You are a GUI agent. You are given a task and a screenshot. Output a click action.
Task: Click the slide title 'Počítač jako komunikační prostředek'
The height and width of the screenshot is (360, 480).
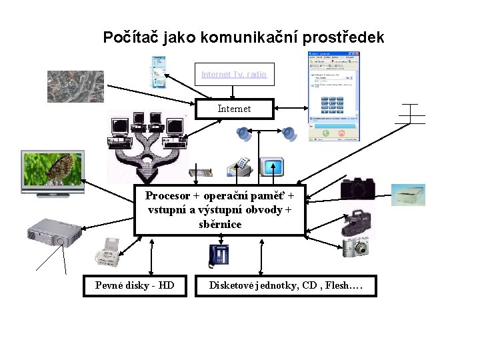(x=243, y=37)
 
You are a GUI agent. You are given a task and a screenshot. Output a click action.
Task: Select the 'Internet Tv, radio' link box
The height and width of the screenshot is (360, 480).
(x=234, y=75)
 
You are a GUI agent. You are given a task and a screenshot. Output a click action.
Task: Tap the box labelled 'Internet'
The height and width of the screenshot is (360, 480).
(x=234, y=109)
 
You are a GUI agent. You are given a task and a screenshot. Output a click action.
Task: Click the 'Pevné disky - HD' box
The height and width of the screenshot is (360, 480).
(x=135, y=285)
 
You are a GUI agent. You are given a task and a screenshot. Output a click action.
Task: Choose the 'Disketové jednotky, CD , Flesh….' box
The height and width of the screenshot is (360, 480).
(x=285, y=285)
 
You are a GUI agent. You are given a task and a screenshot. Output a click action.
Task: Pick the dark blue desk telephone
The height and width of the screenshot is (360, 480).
(x=219, y=255)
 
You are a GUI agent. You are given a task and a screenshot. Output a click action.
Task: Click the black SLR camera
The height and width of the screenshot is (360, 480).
(x=358, y=189)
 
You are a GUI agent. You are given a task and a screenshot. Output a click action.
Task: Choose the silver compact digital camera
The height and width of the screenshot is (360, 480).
(x=355, y=247)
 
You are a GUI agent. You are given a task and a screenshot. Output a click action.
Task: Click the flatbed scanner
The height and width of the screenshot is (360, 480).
(x=407, y=194)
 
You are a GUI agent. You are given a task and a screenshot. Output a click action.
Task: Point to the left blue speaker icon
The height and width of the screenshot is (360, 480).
(x=243, y=134)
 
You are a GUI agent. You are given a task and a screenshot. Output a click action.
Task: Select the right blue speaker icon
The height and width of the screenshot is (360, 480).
(x=289, y=134)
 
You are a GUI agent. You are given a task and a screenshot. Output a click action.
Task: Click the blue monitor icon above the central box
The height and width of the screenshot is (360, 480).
(x=271, y=167)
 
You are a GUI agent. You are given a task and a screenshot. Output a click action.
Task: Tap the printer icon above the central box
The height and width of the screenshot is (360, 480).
(x=238, y=167)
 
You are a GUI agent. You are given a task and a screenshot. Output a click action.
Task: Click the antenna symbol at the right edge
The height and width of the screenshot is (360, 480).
(x=410, y=116)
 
